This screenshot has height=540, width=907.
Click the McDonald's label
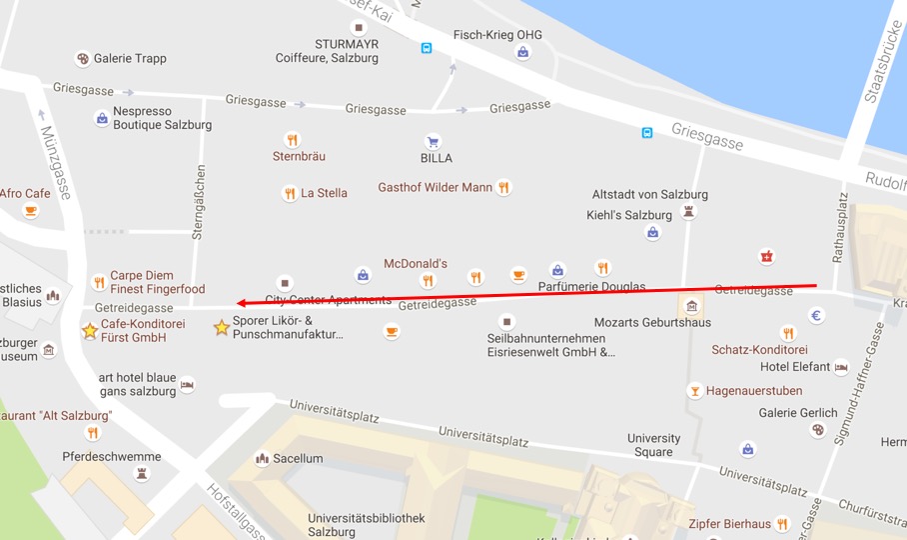coord(415,263)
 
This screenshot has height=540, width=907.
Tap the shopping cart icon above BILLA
coord(433,142)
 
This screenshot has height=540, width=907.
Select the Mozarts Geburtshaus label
coord(652,323)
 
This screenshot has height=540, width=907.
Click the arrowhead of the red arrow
coord(241,302)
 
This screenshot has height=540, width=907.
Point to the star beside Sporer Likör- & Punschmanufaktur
coord(221,327)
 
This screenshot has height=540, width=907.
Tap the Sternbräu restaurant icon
coord(292,140)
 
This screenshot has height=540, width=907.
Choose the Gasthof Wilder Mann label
coord(435,187)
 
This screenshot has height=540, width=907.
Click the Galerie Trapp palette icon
coord(82,58)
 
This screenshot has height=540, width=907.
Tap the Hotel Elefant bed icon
coord(841,367)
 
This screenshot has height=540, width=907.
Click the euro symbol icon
coord(816,316)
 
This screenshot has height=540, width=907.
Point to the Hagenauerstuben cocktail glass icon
coord(694,390)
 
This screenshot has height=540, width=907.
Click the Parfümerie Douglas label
coord(591,287)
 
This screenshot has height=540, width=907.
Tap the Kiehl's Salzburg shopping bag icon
coord(652,233)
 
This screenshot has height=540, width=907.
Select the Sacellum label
coord(298,458)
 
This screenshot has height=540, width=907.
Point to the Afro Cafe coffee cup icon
coord(30,210)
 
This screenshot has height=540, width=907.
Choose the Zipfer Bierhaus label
coord(729,523)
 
